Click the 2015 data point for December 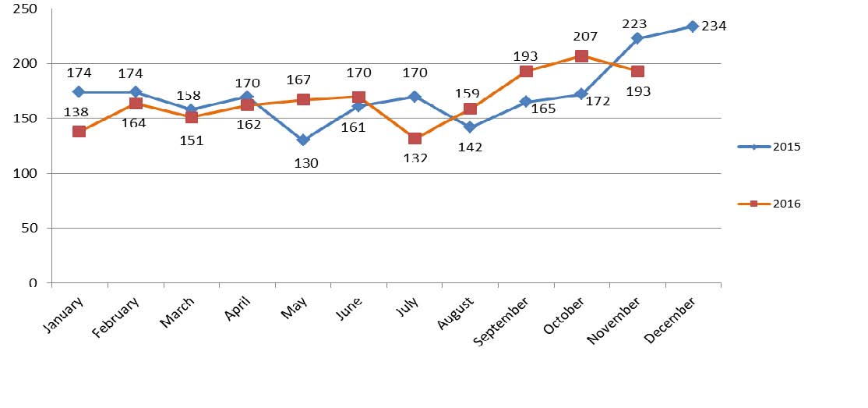click(692, 27)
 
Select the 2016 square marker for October click(581, 56)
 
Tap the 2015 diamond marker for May click(302, 140)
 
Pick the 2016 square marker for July click(415, 138)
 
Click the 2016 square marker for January click(79, 132)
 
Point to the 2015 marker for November click(637, 38)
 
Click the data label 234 click(714, 27)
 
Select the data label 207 click(584, 36)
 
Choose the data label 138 click(76, 112)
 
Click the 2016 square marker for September click(526, 72)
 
